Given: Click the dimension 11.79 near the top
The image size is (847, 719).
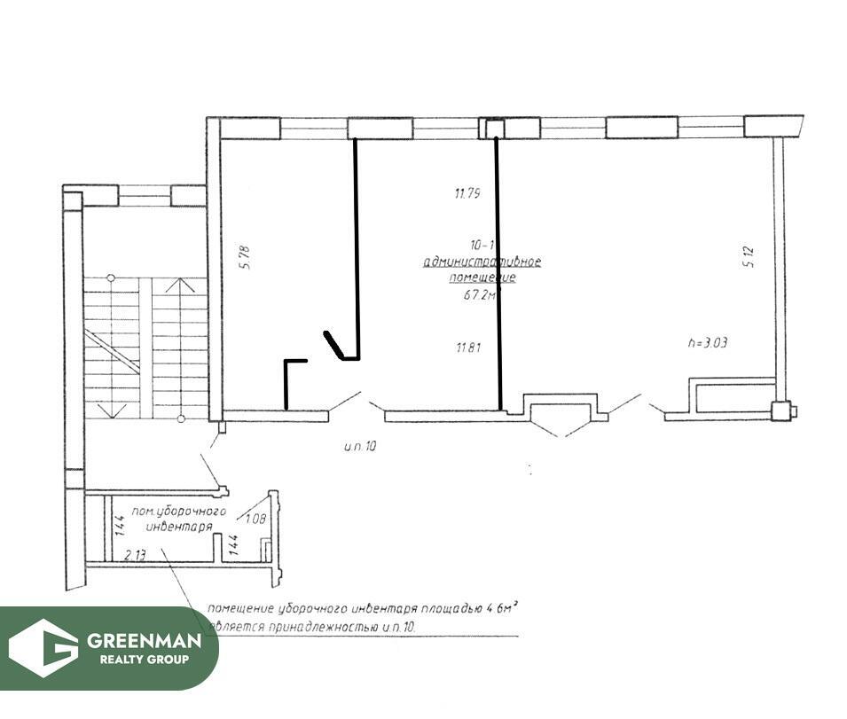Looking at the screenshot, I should (x=467, y=193).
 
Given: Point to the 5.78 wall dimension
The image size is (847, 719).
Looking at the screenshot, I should (x=246, y=257).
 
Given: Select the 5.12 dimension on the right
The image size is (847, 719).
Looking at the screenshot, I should (x=749, y=257).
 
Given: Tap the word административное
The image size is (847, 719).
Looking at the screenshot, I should (x=482, y=262).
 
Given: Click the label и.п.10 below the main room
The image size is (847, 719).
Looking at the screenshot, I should (x=359, y=447).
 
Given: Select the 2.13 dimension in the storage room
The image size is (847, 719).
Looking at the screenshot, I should (x=134, y=555).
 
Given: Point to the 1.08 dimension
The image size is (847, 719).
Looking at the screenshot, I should (x=256, y=520).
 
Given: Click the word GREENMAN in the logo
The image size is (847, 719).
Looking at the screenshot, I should (x=137, y=640).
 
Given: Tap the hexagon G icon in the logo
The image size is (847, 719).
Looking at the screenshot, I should (x=43, y=648).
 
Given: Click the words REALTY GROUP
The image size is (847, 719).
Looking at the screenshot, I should (x=137, y=660).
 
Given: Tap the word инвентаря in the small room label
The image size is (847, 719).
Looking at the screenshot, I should (x=179, y=527).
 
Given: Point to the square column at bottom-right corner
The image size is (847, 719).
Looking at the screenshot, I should (x=780, y=410).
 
